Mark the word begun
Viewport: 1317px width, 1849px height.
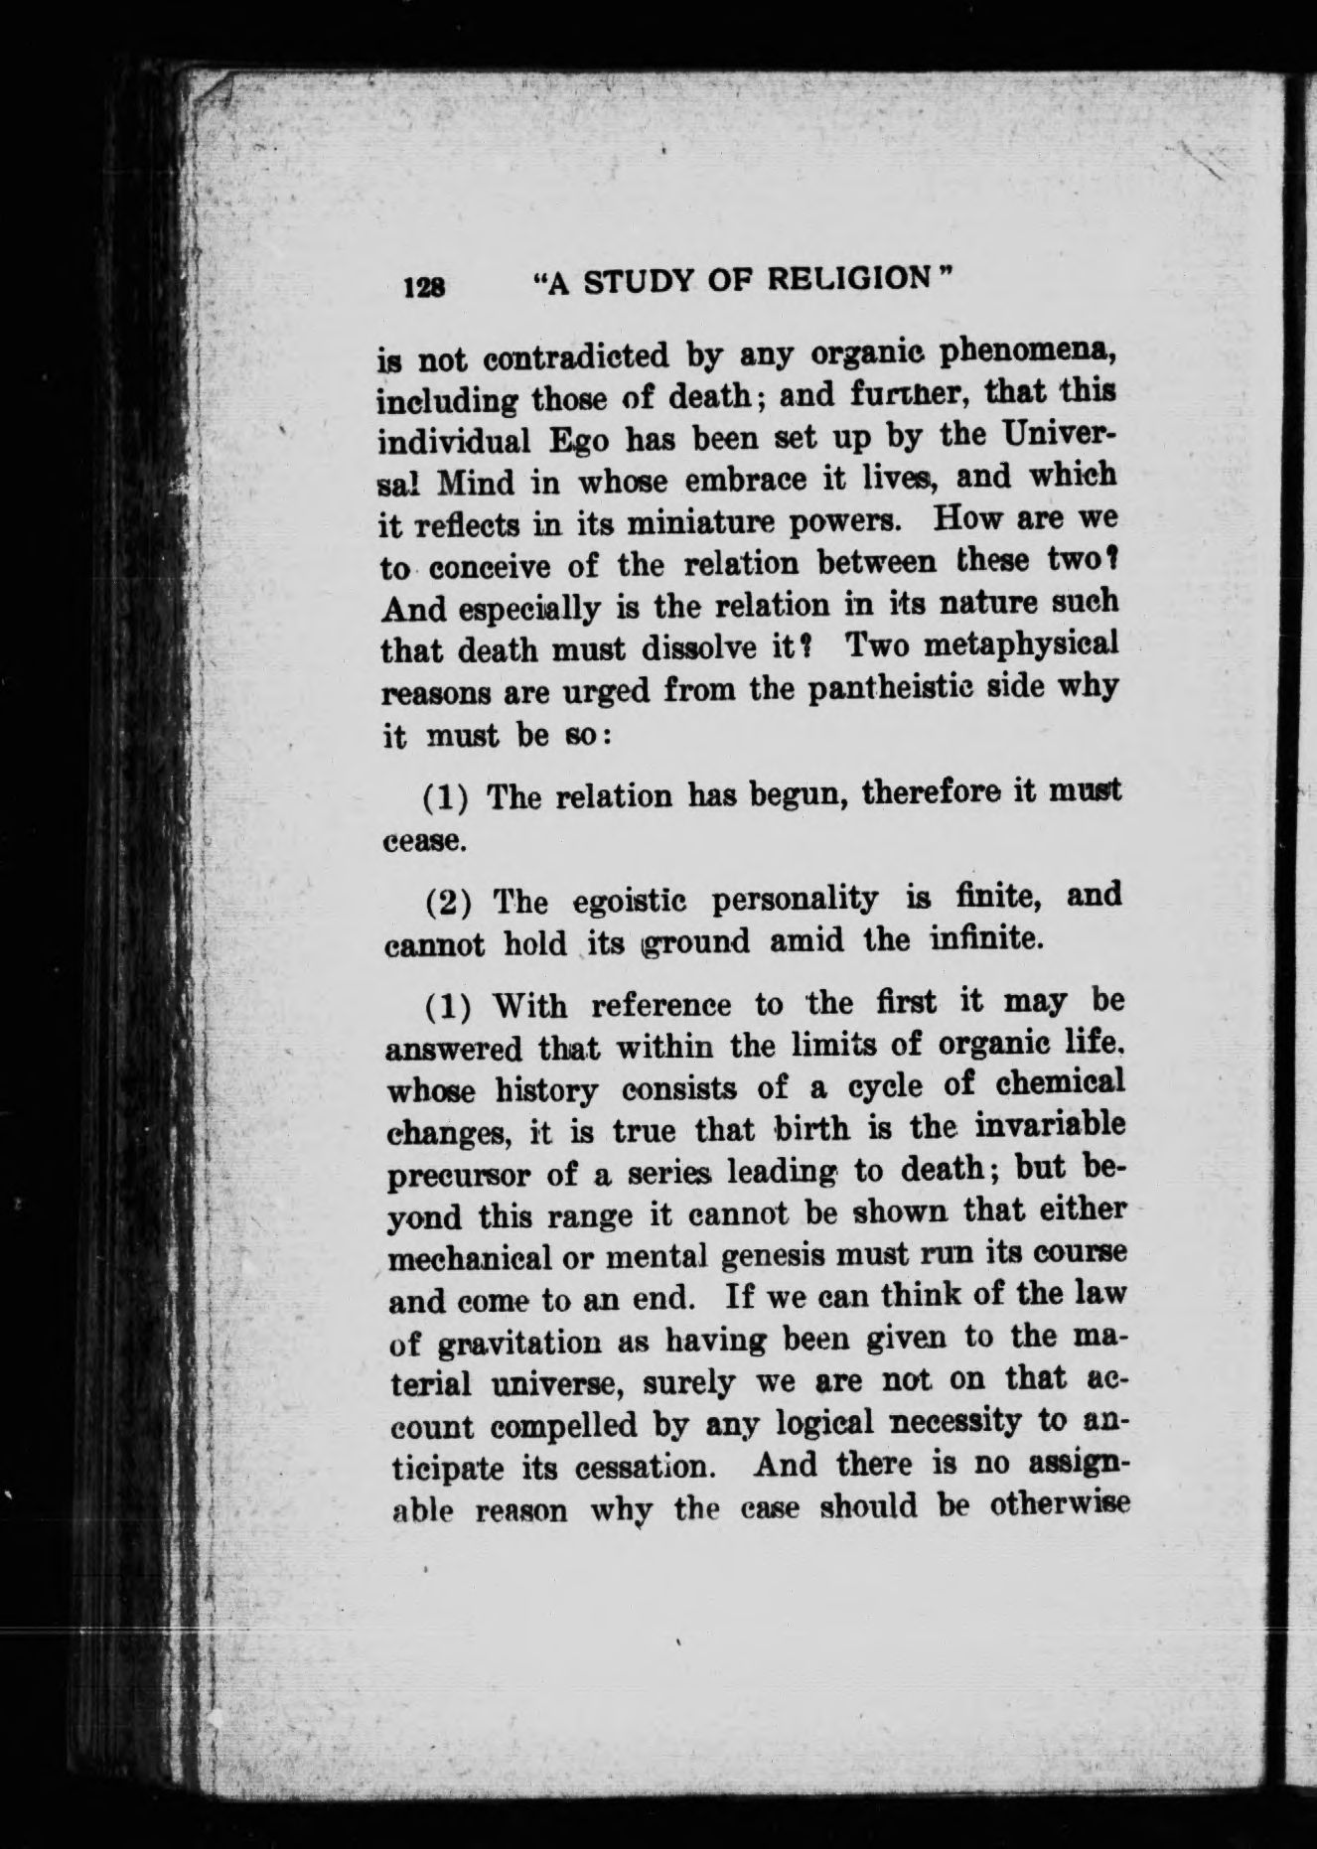tap(789, 794)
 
